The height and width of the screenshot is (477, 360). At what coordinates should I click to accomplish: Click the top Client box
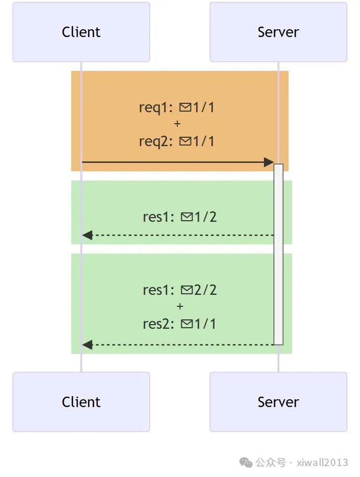click(81, 32)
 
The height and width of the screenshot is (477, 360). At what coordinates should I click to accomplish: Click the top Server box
click(278, 32)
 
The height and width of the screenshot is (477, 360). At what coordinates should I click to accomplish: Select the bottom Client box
click(81, 402)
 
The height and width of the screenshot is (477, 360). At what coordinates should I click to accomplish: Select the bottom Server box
click(278, 402)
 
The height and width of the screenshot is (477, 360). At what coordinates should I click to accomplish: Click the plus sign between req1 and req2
click(177, 124)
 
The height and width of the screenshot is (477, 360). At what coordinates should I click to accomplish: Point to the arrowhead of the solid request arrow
click(269, 162)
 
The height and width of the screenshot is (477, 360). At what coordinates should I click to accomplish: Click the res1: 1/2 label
click(179, 217)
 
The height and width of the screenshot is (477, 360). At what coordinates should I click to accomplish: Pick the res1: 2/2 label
click(179, 290)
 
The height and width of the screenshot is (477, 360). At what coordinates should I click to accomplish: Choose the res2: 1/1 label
click(179, 324)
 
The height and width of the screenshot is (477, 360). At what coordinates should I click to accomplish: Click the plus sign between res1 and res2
click(179, 306)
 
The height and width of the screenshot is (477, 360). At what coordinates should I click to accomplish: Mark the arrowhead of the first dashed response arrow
click(88, 235)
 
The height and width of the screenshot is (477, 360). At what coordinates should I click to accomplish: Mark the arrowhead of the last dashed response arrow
click(88, 344)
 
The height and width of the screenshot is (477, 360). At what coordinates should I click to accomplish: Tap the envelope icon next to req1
click(185, 108)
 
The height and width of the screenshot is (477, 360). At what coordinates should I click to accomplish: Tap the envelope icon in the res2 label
click(186, 324)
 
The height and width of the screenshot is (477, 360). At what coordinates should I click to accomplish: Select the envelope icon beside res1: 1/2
click(186, 217)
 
